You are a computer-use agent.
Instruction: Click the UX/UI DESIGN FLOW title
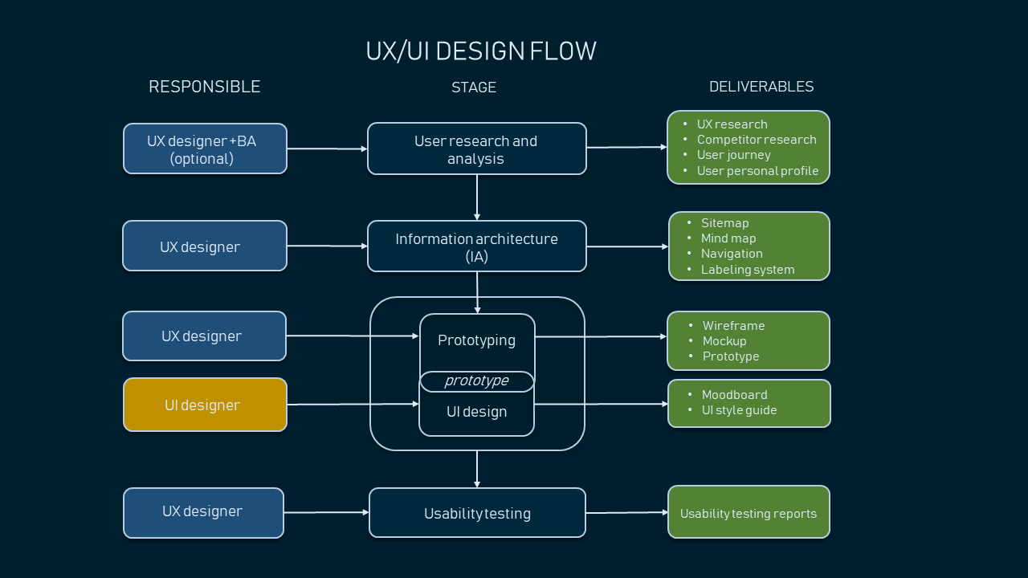pos(481,51)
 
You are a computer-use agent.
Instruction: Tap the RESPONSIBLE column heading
pos(205,87)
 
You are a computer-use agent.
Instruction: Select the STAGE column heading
pos(474,88)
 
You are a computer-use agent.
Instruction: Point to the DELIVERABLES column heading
pos(761,86)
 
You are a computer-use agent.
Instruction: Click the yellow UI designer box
pos(205,405)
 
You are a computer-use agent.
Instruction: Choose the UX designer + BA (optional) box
pos(205,149)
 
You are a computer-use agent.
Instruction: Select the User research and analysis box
pos(477,149)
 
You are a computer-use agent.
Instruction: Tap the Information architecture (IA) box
pos(477,246)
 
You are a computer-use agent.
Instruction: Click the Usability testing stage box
pos(477,512)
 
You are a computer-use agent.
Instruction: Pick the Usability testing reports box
pos(749,512)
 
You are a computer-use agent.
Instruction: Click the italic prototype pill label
pos(477,381)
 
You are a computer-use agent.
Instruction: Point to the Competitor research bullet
pos(757,140)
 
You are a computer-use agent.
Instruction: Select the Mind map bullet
pos(728,238)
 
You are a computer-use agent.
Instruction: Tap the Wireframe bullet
pos(733,326)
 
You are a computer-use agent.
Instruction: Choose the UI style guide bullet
pos(739,410)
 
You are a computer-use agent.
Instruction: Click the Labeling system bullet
pos(748,270)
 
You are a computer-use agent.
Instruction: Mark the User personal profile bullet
pos(757,171)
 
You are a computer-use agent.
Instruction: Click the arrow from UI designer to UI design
pos(353,404)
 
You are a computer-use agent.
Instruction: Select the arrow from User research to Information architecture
pos(477,197)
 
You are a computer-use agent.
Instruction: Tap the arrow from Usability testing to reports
pos(627,512)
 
